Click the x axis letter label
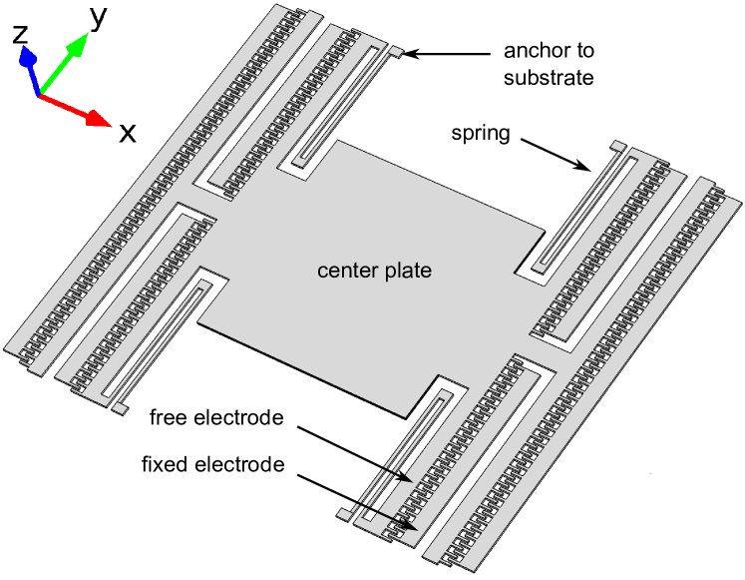[x=128, y=133]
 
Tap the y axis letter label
[x=98, y=18]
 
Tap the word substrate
[x=549, y=77]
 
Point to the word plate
[x=410, y=271]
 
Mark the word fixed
[x=166, y=464]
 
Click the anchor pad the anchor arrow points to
[x=396, y=53]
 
